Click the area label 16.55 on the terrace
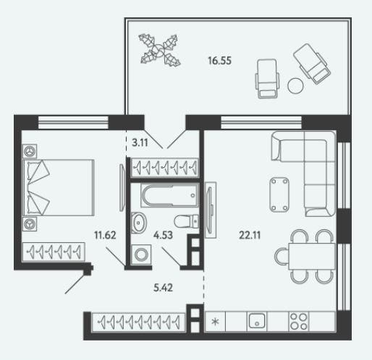point(219,61)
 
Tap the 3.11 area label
point(140,143)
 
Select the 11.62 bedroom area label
point(105,235)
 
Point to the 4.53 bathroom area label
point(163,235)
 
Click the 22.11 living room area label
point(250,235)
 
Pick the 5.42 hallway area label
point(163,288)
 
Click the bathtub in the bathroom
point(170,195)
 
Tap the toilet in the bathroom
point(186,221)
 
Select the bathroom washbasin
point(139,223)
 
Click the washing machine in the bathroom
point(141,254)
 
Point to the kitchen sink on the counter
point(257,321)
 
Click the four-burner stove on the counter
point(299,321)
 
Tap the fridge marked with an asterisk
point(215,322)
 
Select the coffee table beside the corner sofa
point(279,194)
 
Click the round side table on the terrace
point(295,86)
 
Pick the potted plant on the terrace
point(159,50)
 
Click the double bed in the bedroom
point(58,187)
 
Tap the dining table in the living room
point(312,257)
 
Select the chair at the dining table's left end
point(281,257)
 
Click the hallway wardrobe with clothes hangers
point(138,322)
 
